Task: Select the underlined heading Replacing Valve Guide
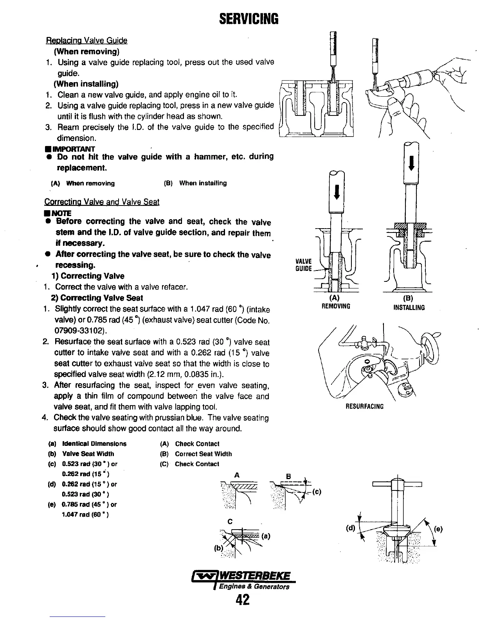pyautogui.click(x=87, y=41)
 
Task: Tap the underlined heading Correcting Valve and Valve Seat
pyautogui.click(x=102, y=202)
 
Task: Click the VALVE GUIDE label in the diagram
pyautogui.click(x=303, y=265)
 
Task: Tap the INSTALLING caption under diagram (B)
pyautogui.click(x=409, y=308)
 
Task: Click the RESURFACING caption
pyautogui.click(x=365, y=406)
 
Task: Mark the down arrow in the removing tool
pyautogui.click(x=336, y=193)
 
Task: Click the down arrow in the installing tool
pyautogui.click(x=411, y=162)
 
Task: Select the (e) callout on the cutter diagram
pyautogui.click(x=438, y=529)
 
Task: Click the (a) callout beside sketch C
pyautogui.click(x=265, y=537)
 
